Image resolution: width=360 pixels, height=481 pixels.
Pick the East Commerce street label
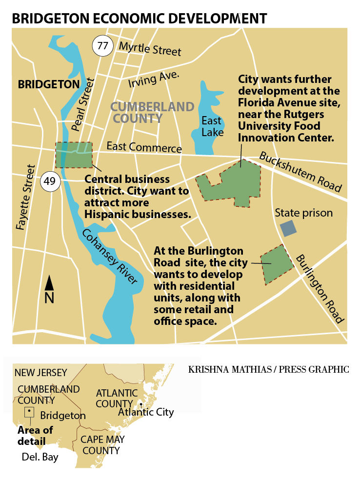coord(144,148)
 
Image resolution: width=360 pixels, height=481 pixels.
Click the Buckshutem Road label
coord(300,172)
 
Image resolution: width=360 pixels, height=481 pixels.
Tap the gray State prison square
coord(288,229)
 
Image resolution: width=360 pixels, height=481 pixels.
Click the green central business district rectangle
coord(74,155)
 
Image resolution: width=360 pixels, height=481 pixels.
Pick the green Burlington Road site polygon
coord(277,264)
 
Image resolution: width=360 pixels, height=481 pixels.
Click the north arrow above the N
coord(49,283)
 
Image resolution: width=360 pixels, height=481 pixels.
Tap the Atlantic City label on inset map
coord(146,412)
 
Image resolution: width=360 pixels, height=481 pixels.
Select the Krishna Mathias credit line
coord(268,369)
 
